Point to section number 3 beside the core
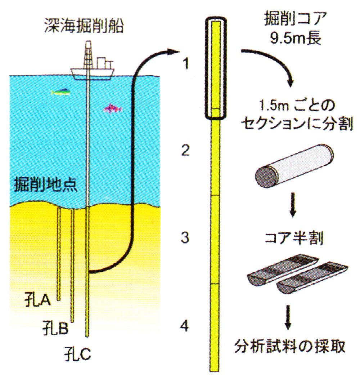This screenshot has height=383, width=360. pyautogui.click(x=185, y=238)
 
